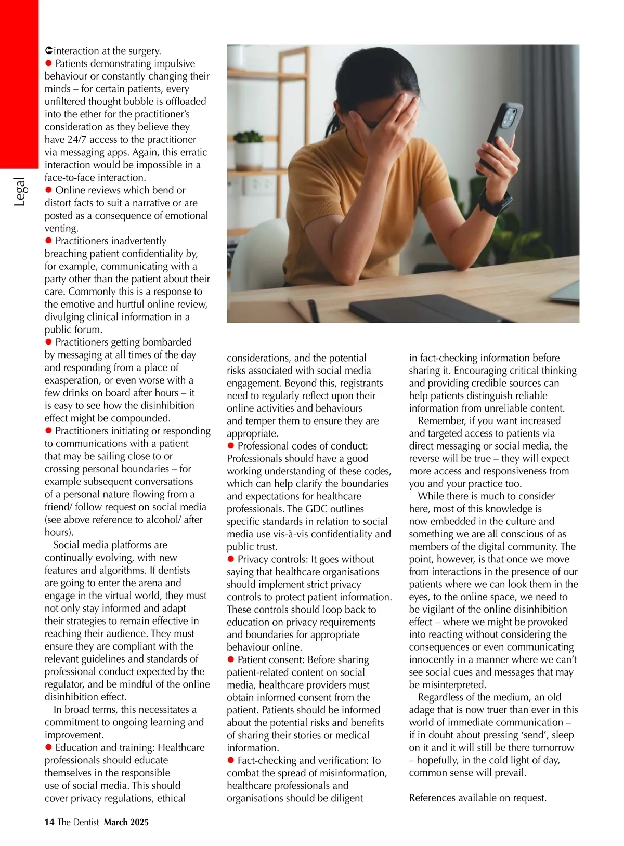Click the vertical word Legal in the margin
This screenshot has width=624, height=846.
19,192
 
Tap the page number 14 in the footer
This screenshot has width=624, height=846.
49,822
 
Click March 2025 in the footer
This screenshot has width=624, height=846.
126,822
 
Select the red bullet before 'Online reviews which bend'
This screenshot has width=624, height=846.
49,190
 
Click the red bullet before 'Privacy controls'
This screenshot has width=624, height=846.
231,559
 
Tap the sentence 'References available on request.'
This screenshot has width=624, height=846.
477,798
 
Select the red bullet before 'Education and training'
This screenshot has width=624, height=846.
49,747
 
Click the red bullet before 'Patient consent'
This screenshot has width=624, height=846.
231,659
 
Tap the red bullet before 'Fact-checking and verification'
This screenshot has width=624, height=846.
231,760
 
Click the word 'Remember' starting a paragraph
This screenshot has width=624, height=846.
437,420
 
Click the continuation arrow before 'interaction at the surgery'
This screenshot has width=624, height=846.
48,50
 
